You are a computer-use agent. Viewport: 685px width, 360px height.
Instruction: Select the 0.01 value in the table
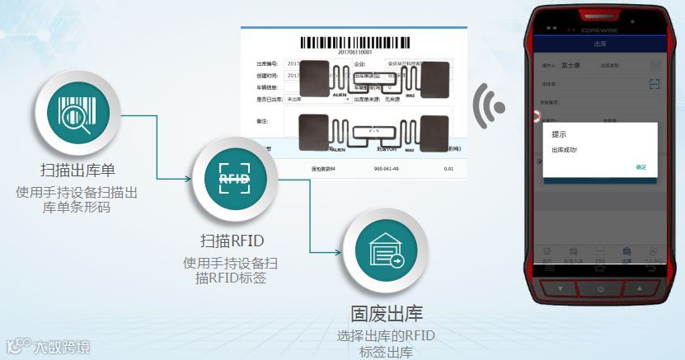point(448,169)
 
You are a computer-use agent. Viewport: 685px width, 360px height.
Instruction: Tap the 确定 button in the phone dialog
point(640,167)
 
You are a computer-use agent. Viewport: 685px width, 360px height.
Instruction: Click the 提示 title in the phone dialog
point(559,133)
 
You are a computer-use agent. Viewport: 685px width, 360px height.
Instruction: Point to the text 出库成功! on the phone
point(565,149)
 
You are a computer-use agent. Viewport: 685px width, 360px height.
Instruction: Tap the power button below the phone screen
point(600,288)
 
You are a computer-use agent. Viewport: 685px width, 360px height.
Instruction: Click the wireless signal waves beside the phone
point(490,105)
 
